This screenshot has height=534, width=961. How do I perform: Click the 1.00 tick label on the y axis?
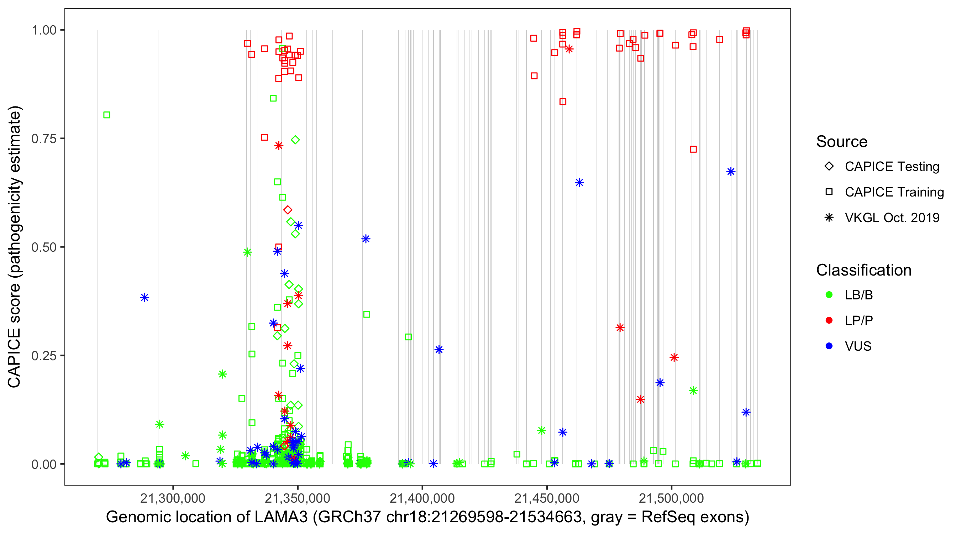[x=44, y=30]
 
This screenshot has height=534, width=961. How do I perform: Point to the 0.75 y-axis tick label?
[x=44, y=139]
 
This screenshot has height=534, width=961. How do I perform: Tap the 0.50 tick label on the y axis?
[x=44, y=247]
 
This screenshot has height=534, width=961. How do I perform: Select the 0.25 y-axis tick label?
[x=44, y=356]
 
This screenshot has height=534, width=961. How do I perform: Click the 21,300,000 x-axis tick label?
[x=173, y=498]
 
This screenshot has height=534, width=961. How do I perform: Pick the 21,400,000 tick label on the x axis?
[x=422, y=498]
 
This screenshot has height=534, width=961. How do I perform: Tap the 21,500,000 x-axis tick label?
[x=672, y=498]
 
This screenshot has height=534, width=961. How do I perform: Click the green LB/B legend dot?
[x=829, y=295]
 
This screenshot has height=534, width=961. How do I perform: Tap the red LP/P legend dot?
[x=829, y=320]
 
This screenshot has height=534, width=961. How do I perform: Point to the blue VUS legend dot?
[x=829, y=346]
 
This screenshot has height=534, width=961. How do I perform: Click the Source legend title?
[x=842, y=142]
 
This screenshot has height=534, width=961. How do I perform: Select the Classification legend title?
[x=863, y=270]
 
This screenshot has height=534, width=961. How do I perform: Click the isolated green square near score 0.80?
[x=107, y=115]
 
